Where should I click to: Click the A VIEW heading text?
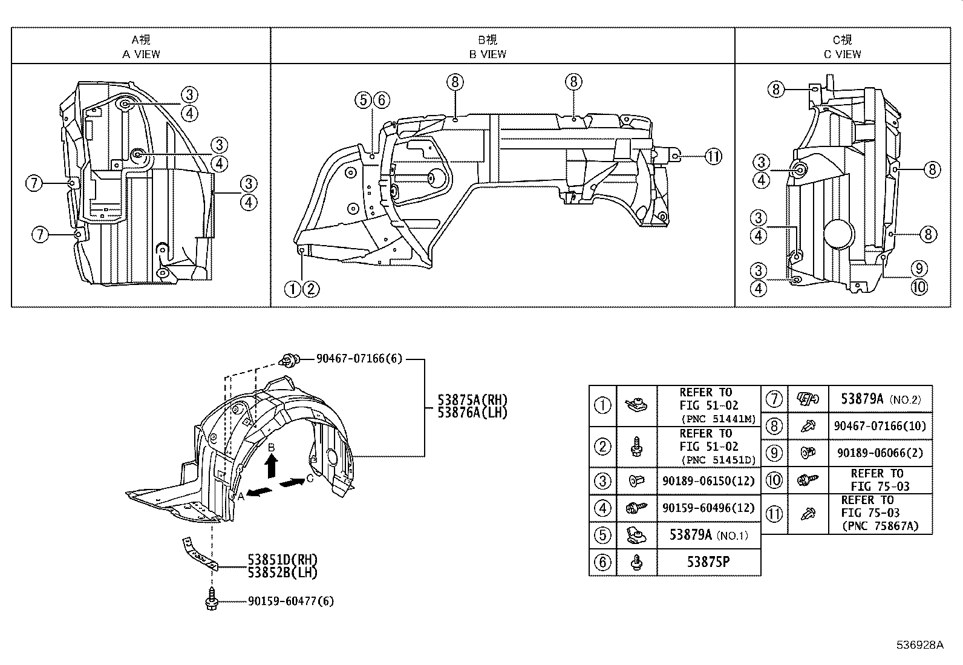click(141, 54)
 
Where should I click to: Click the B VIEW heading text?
click(488, 54)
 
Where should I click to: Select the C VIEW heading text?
click(842, 54)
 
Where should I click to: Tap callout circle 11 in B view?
click(713, 157)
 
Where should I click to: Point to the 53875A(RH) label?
click(472, 400)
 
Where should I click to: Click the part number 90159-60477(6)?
click(290, 601)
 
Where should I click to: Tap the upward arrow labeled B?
click(272, 466)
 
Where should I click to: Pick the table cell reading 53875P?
click(708, 562)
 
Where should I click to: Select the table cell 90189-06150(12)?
click(708, 480)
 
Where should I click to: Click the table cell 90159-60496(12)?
click(708, 508)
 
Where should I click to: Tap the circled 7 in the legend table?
click(774, 399)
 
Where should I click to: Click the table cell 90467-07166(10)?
click(880, 426)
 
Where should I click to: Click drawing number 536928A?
click(920, 645)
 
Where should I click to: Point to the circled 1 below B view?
click(293, 289)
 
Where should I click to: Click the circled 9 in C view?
click(919, 269)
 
